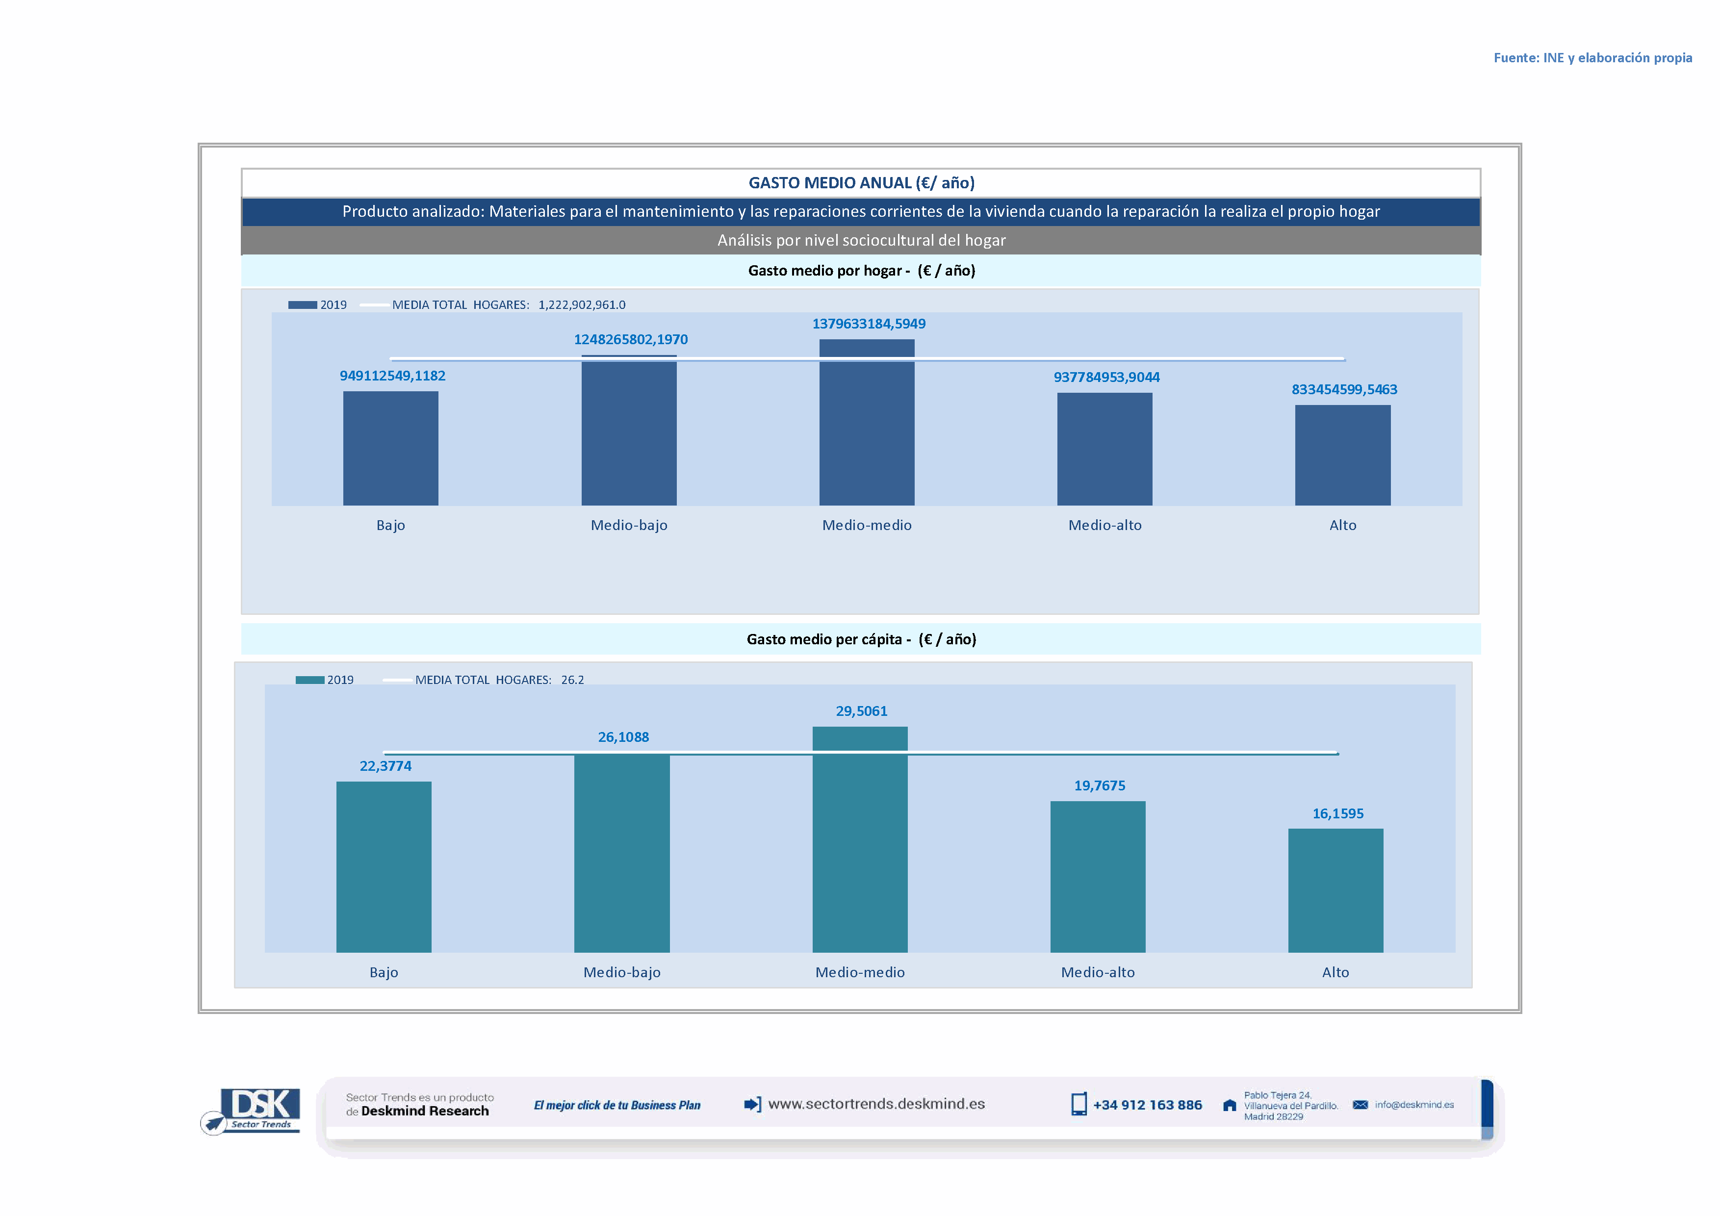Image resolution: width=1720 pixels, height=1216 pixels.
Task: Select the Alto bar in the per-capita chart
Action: pos(1335,890)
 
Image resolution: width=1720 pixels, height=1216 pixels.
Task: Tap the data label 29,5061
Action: pos(862,711)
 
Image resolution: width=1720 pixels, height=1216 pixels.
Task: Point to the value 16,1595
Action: pos(1338,814)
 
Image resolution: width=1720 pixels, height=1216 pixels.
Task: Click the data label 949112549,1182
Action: pos(392,376)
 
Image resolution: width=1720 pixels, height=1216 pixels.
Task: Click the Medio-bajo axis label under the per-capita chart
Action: pos(622,973)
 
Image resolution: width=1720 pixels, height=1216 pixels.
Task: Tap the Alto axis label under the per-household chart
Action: pos(1342,526)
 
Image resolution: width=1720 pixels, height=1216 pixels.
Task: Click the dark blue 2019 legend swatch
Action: pos(303,305)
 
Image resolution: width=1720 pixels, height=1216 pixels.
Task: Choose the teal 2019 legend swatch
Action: pos(309,680)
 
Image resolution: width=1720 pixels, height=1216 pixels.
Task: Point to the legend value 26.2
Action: pos(572,680)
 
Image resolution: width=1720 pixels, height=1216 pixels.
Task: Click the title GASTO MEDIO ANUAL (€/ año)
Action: pos(862,183)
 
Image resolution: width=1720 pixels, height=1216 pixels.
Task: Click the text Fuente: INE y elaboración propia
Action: pos(1592,58)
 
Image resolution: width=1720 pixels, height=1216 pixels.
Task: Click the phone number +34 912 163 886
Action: pos(1147,1105)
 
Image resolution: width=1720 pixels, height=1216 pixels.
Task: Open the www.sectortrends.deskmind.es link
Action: pos(876,1104)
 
